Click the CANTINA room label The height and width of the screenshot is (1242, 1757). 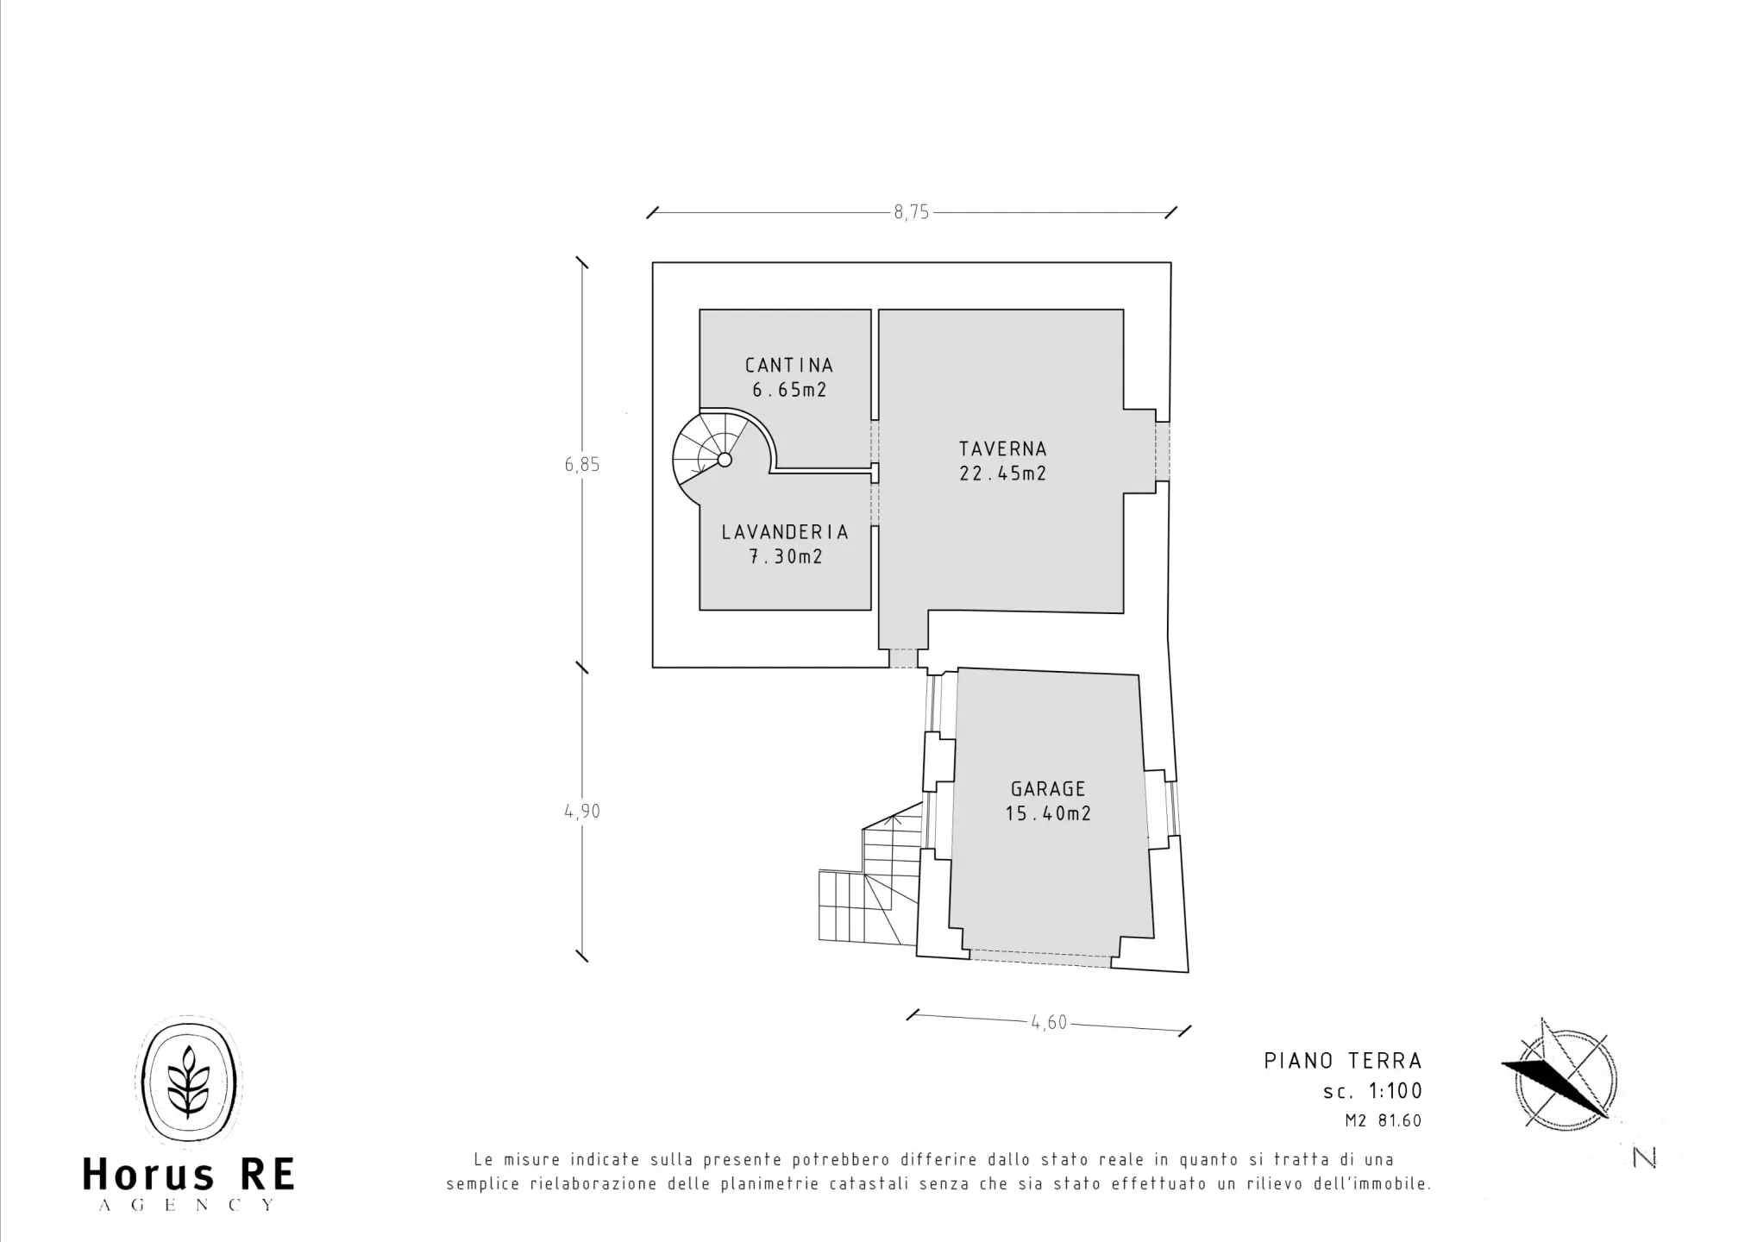click(x=789, y=366)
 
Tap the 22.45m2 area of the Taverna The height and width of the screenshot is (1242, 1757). click(x=1002, y=474)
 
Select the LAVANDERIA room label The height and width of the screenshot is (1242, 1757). click(x=785, y=532)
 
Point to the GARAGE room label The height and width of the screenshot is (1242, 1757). click(x=1048, y=788)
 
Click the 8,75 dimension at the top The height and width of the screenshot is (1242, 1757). click(x=912, y=212)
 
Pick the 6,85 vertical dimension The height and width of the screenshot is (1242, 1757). click(x=582, y=465)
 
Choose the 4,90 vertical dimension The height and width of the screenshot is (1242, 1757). click(x=582, y=812)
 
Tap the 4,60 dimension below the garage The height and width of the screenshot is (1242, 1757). click(x=1049, y=1023)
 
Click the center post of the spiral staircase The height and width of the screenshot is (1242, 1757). click(x=725, y=460)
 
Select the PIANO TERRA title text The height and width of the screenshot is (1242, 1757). click(x=1343, y=1060)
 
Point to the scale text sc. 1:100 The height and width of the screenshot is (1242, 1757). click(x=1372, y=1091)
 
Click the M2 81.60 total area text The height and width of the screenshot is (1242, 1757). click(x=1383, y=1121)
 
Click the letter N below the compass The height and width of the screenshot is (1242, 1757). click(x=1645, y=1159)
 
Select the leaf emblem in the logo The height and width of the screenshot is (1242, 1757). click(x=189, y=1083)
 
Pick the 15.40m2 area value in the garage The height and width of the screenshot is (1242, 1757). click(x=1048, y=813)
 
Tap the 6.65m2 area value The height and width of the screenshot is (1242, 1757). click(x=789, y=390)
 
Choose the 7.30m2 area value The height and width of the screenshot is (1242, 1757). click(x=785, y=557)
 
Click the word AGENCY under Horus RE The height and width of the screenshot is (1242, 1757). click(x=187, y=1205)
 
